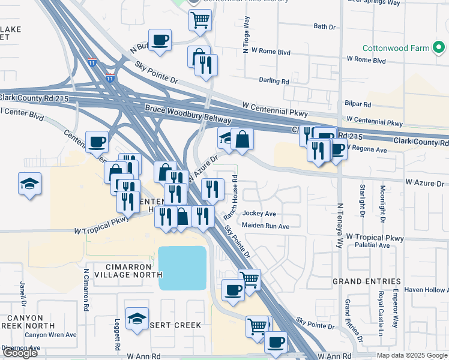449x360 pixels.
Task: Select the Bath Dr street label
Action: (324, 27)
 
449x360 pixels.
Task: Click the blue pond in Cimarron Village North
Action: (182, 268)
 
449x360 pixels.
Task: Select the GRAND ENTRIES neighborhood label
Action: (367, 281)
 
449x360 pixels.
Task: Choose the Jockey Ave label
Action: (259, 214)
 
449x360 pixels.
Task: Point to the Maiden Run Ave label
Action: (265, 226)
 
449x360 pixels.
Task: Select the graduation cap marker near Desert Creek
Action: (137, 319)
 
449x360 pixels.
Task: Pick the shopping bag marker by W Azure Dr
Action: (243, 139)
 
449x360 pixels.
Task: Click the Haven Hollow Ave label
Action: (426, 290)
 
